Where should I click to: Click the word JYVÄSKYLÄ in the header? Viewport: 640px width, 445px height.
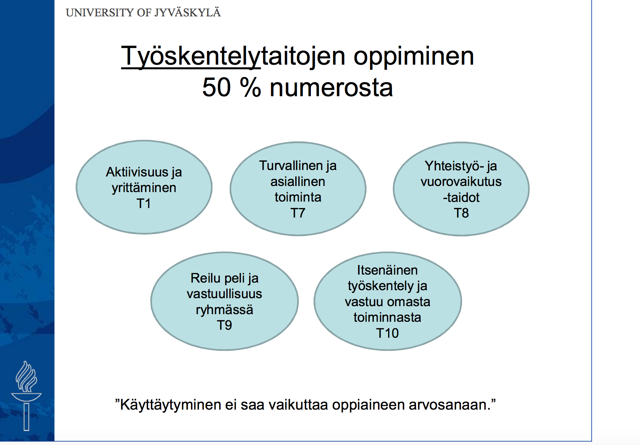point(187,13)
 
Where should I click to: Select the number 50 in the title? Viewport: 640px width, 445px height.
point(216,87)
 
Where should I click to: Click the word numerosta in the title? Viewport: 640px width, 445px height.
point(331,87)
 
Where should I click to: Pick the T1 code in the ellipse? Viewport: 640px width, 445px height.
point(144,203)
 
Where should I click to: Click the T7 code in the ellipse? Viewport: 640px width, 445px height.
point(298,213)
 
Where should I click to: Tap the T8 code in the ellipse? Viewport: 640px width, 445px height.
point(461,213)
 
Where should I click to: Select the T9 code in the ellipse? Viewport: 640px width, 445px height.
point(224,325)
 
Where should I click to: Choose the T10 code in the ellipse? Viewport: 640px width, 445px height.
point(387,333)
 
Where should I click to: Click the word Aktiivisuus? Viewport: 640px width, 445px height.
point(137,172)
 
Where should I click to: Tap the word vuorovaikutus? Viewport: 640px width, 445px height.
point(461,181)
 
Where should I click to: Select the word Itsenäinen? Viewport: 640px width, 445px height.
point(387,270)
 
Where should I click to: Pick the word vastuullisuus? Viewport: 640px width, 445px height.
point(224,294)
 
